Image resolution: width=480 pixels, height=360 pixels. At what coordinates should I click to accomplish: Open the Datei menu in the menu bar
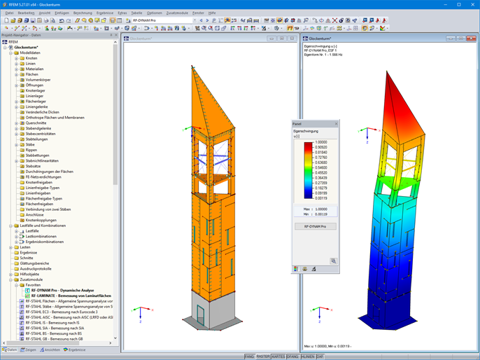10,13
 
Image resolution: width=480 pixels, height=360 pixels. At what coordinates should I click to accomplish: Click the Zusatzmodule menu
177,13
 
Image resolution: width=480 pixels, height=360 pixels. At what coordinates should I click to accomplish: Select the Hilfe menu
212,13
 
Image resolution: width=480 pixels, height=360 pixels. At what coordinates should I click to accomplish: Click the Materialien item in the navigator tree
34,69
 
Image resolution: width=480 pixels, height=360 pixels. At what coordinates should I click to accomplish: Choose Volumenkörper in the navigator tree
38,80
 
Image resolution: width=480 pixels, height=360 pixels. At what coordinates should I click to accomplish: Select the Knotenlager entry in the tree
35,91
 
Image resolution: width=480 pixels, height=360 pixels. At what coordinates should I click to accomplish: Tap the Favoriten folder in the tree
34,285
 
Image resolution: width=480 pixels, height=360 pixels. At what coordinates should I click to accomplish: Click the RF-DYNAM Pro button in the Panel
314,227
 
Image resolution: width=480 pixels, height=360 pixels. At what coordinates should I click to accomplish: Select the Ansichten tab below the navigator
52,349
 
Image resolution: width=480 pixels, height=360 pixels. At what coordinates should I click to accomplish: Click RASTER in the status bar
263,356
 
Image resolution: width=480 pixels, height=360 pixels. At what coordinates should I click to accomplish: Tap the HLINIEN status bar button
307,356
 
